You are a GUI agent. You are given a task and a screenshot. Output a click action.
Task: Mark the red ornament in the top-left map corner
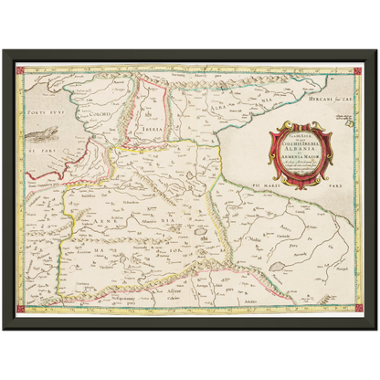point(21,69)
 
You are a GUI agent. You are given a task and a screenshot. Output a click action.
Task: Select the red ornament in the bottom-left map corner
point(21,310)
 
